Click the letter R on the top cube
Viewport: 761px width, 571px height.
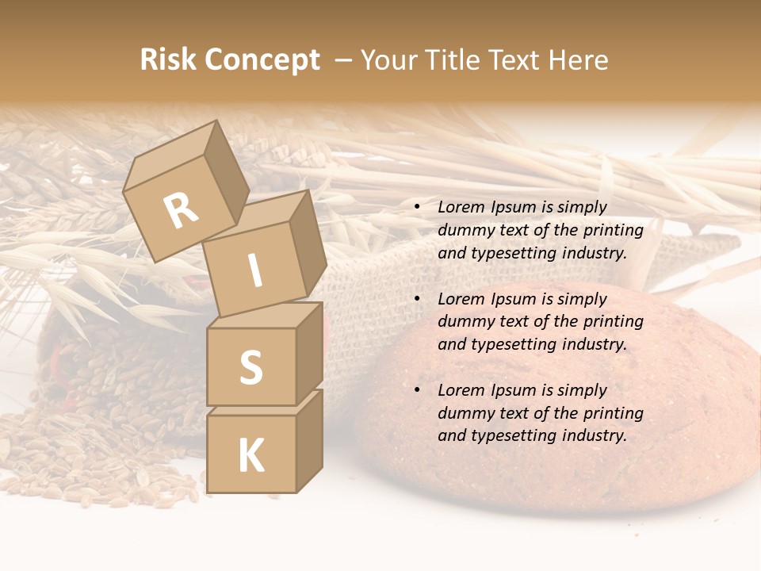coord(181,210)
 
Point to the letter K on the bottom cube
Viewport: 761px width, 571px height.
coord(250,456)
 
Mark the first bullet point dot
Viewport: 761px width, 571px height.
coord(417,208)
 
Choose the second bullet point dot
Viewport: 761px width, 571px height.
coord(417,300)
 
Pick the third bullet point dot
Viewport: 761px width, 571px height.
coord(417,391)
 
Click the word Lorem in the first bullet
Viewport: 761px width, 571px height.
coord(461,207)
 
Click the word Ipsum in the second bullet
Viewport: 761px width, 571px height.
coord(513,299)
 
